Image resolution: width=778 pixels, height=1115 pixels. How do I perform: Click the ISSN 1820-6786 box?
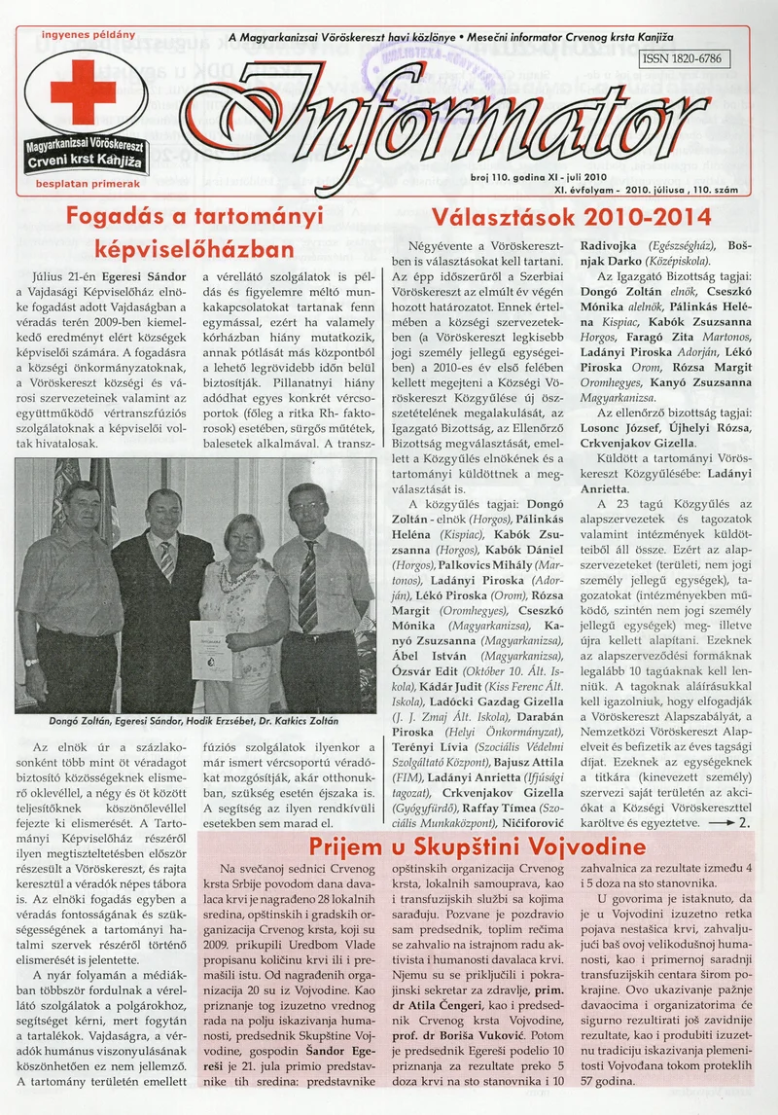(684, 59)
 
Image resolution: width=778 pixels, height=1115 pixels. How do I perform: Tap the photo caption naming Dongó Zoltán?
(194, 721)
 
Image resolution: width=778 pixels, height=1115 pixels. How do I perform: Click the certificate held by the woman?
(212, 649)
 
